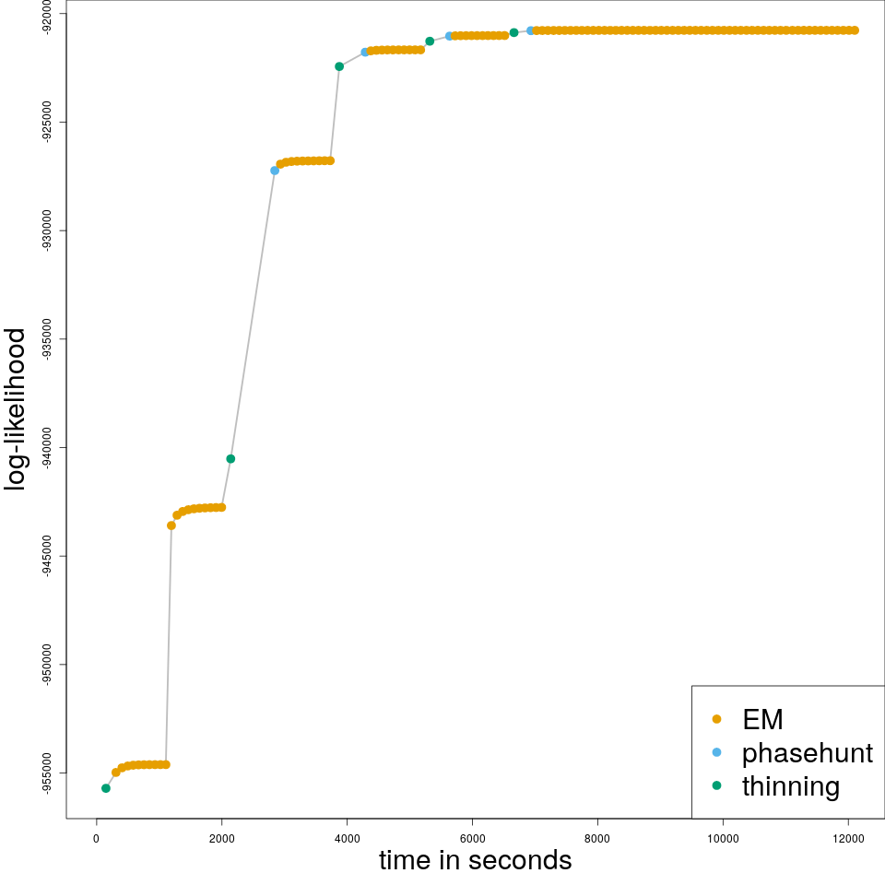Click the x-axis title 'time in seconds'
pyautogui.click(x=475, y=860)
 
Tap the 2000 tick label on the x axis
pyautogui.click(x=221, y=838)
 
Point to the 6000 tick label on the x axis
pyautogui.click(x=472, y=838)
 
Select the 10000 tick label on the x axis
pyautogui.click(x=723, y=838)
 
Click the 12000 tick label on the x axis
pyautogui.click(x=848, y=838)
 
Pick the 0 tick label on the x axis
pyautogui.click(x=96, y=838)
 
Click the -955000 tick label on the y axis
pyautogui.click(x=47, y=773)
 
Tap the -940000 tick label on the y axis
pyautogui.click(x=47, y=447)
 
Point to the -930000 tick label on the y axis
pyautogui.click(x=47, y=230)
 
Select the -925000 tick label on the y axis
pyautogui.click(x=47, y=122)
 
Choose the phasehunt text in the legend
pyautogui.click(x=807, y=753)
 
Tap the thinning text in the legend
pyautogui.click(x=790, y=786)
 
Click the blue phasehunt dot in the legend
pyautogui.click(x=717, y=752)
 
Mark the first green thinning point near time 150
pyautogui.click(x=106, y=788)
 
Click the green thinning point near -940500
pyautogui.click(x=230, y=458)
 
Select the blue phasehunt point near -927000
pyautogui.click(x=275, y=171)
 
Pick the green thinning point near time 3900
pyautogui.click(x=339, y=66)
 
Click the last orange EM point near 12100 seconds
pyautogui.click(x=855, y=30)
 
